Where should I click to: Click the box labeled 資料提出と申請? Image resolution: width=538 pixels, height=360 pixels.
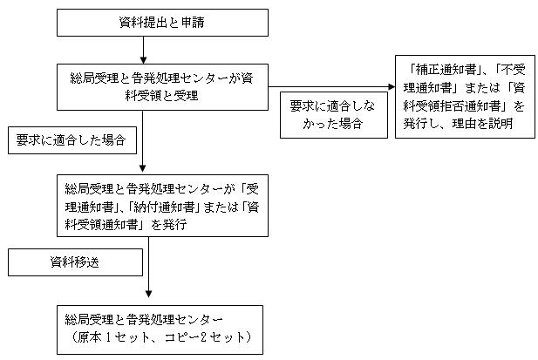pos(162,23)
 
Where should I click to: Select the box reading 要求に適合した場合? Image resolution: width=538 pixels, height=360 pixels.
pos(72,140)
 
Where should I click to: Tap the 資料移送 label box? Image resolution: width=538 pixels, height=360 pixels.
pos(75,262)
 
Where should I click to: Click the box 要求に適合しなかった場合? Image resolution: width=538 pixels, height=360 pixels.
pos(334,115)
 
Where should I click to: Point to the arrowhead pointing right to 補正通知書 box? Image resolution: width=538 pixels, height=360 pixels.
pos(392,87)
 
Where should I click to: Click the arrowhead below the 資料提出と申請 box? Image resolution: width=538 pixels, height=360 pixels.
pos(143,60)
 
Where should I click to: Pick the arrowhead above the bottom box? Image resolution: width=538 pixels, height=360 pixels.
pos(148,294)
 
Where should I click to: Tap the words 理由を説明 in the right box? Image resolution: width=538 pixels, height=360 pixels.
pos(482,123)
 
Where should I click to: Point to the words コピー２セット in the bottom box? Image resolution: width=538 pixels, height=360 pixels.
pos(201,337)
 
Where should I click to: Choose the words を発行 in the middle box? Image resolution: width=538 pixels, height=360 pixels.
pos(169,225)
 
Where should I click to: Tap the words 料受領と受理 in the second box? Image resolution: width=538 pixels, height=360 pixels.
pos(162,96)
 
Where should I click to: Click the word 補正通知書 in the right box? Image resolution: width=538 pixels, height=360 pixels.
pos(446,70)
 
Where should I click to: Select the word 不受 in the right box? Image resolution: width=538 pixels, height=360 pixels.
pos(514,70)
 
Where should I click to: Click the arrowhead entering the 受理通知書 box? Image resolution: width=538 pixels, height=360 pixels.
pos(143,168)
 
